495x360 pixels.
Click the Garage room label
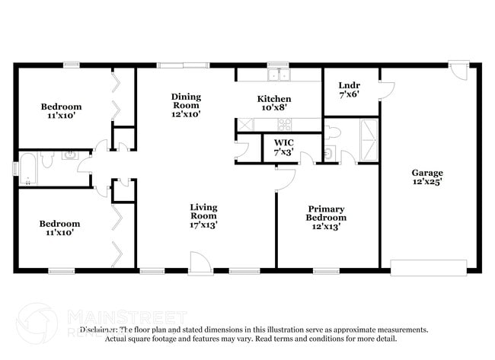click(427, 177)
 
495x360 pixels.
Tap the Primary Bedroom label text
click(326, 217)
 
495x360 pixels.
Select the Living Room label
click(203, 215)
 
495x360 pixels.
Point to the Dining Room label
click(186, 104)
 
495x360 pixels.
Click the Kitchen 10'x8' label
click(273, 104)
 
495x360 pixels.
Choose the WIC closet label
click(283, 147)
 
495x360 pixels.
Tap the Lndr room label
click(349, 89)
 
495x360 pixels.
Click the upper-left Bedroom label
click(61, 111)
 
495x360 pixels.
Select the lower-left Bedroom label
click(59, 228)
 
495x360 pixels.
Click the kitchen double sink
click(279, 75)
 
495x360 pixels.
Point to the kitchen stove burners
click(246, 125)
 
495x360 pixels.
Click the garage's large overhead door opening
click(428, 267)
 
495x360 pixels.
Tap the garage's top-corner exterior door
click(459, 70)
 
